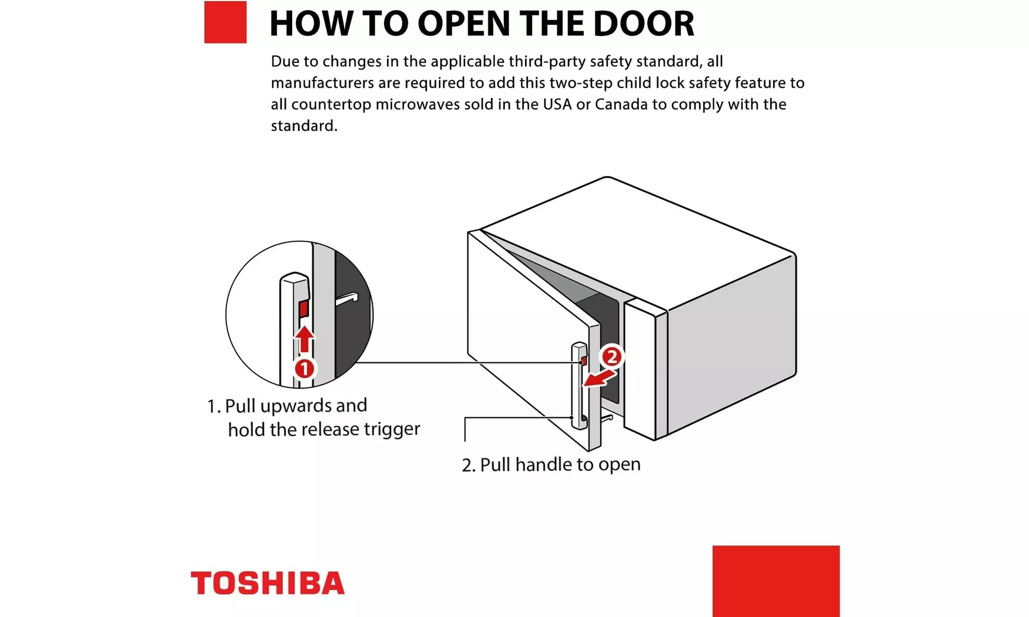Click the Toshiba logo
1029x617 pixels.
[267, 583]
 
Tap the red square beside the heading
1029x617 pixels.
[225, 22]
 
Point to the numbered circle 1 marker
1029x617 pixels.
[304, 369]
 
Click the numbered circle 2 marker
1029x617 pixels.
[611, 357]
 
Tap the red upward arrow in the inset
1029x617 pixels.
[304, 339]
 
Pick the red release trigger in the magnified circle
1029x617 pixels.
[303, 308]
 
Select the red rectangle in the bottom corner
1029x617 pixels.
[776, 581]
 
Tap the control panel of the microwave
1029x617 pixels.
[645, 370]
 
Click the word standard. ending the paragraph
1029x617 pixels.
[304, 126]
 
